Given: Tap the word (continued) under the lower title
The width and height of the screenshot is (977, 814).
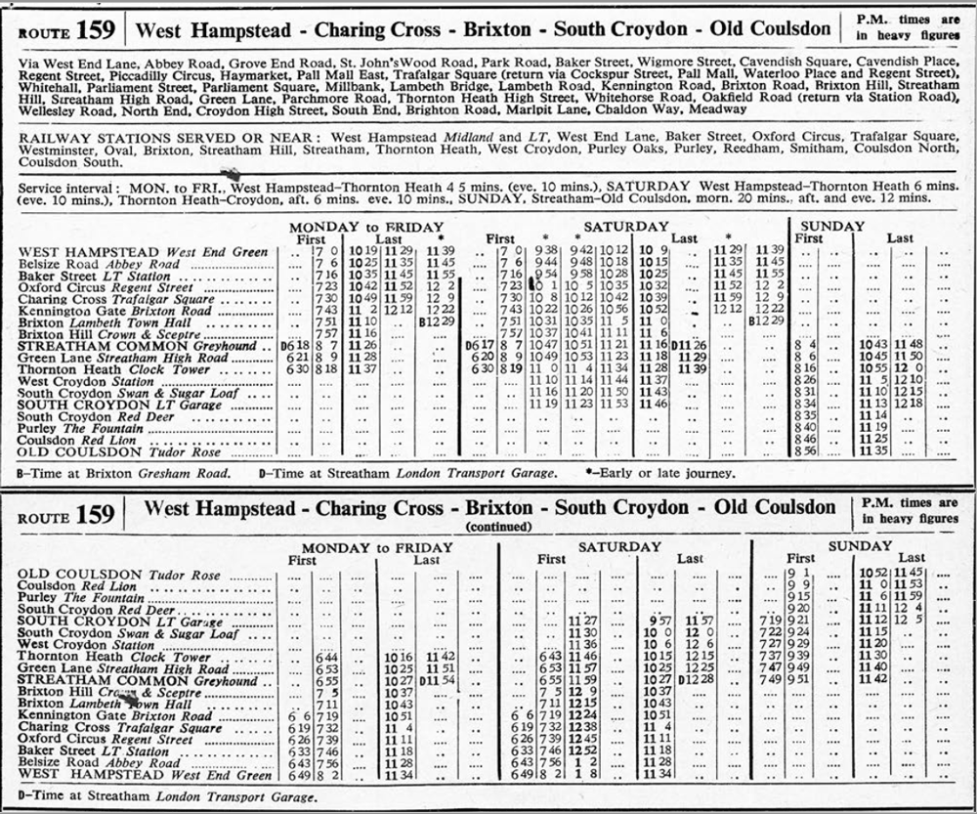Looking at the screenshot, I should (x=491, y=526).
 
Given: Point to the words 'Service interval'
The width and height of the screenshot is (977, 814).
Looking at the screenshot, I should (x=68, y=184).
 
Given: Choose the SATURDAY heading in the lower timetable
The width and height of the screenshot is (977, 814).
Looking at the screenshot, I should (x=619, y=546).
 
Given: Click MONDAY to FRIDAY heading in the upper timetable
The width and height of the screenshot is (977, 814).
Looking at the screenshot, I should (x=366, y=227).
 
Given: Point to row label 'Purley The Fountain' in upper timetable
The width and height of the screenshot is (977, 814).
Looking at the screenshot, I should (x=83, y=428).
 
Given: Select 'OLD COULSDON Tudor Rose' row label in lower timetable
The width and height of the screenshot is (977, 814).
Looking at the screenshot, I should (x=119, y=576).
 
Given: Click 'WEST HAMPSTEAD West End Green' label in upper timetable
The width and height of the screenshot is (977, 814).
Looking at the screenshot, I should (x=143, y=252).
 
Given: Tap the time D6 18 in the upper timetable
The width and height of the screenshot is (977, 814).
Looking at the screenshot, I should (x=293, y=346).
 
